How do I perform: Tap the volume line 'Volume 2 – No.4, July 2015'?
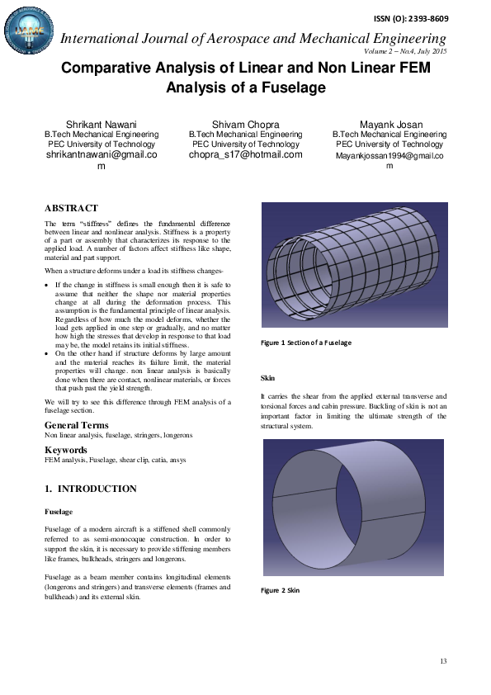(x=404, y=51)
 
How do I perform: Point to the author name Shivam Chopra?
(x=245, y=124)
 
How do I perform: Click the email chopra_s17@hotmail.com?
(x=246, y=154)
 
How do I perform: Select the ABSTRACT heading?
(x=71, y=208)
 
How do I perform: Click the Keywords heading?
(x=67, y=450)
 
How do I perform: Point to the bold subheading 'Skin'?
(x=267, y=378)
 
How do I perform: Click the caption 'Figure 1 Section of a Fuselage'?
(x=306, y=342)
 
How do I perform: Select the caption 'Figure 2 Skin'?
(x=281, y=590)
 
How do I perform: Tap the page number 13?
(x=443, y=661)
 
